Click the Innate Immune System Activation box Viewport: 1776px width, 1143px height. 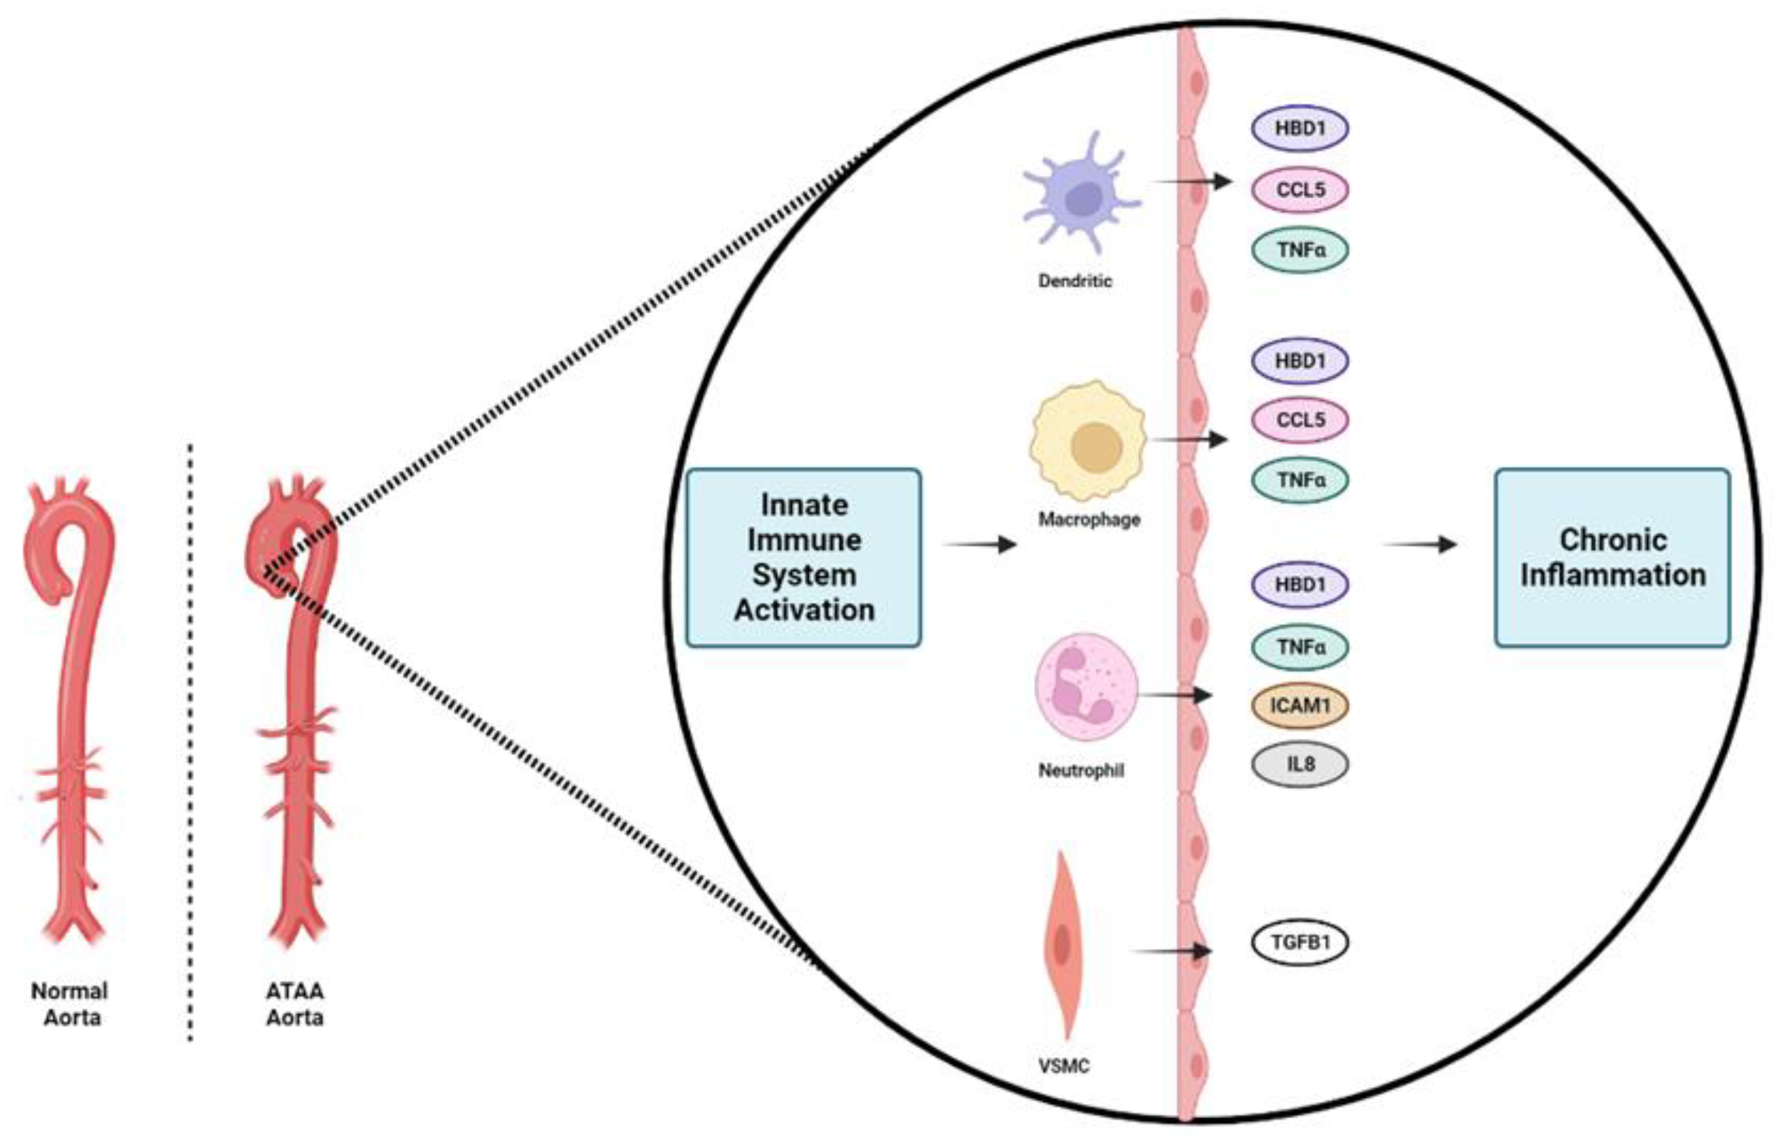point(803,557)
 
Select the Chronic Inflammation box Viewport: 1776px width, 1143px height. point(1612,557)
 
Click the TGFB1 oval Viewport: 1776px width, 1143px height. point(1300,943)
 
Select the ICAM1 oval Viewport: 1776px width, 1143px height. point(1300,705)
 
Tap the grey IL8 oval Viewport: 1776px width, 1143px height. point(1300,764)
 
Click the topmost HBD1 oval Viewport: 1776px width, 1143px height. point(1300,128)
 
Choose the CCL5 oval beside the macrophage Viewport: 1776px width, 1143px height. point(1300,419)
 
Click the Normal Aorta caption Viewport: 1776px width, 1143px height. point(71,1004)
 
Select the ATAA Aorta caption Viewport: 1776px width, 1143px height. point(295,1004)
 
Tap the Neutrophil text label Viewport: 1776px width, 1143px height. point(1081,770)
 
